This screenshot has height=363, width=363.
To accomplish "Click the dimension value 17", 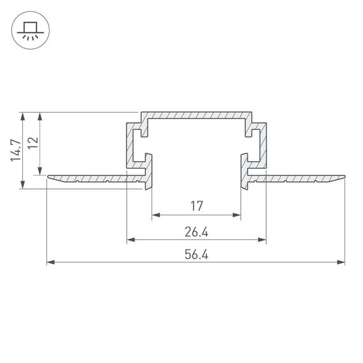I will point(196,206).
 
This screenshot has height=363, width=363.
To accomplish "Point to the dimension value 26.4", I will point(196,232).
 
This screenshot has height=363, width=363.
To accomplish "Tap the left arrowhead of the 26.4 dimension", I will point(130,239).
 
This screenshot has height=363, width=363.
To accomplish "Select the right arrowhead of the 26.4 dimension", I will point(262,239).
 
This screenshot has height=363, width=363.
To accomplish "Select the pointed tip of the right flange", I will point(343,174).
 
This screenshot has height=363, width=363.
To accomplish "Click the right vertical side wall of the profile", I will point(262,146).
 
